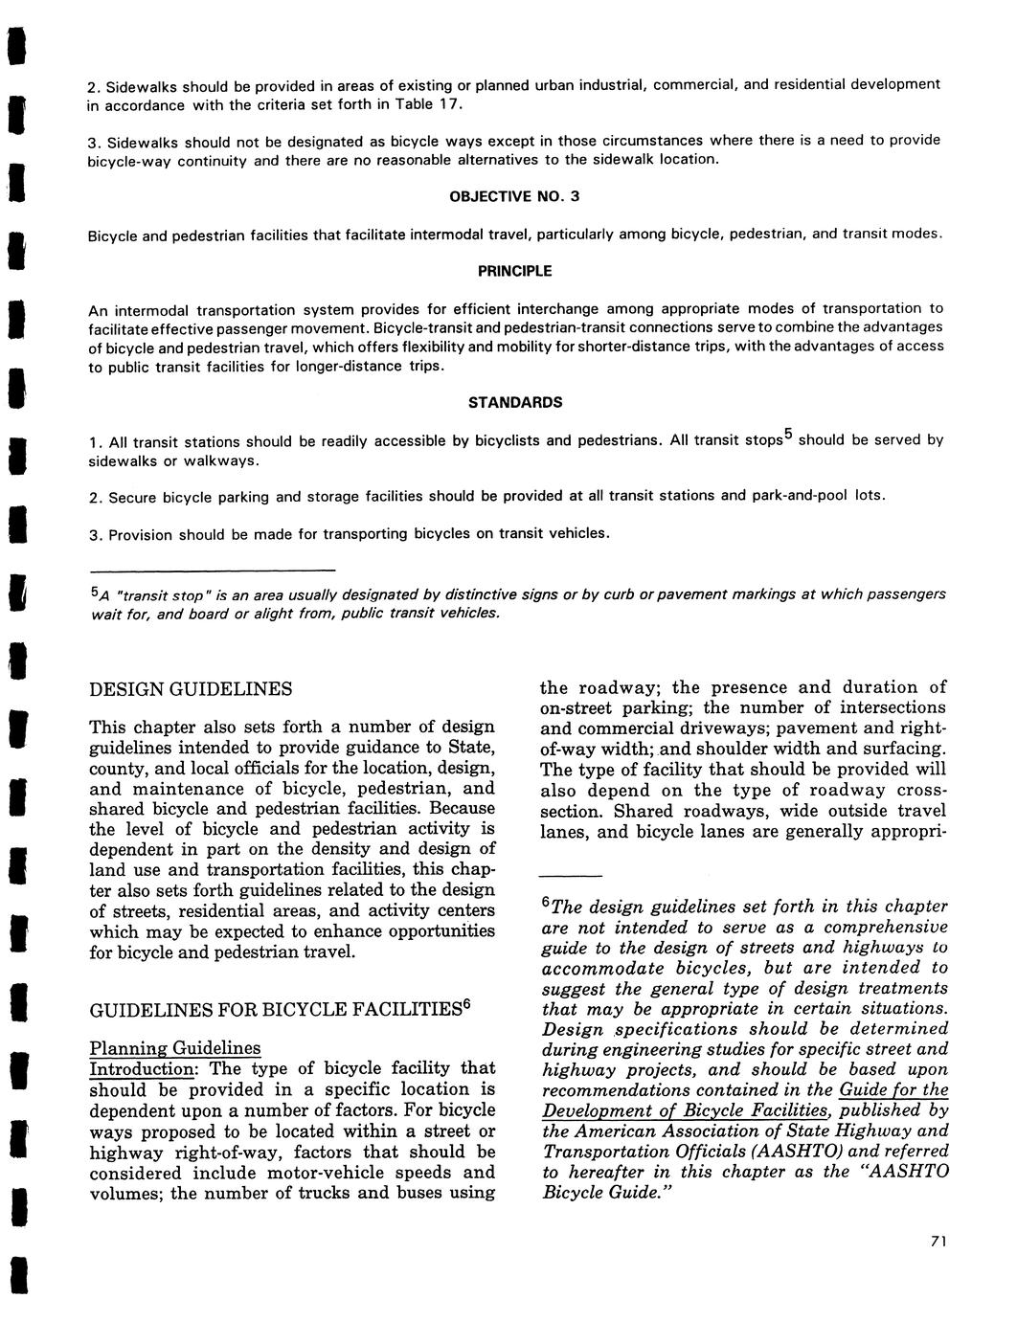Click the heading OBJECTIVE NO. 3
point(514,196)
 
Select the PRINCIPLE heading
point(514,271)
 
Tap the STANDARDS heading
point(514,402)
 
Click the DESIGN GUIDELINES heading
point(191,689)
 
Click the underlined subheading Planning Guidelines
point(174,1048)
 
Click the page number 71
point(938,1242)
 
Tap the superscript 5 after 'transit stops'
point(788,434)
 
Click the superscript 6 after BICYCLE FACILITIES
point(466,1005)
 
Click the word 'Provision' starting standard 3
point(141,534)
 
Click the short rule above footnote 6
point(571,876)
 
